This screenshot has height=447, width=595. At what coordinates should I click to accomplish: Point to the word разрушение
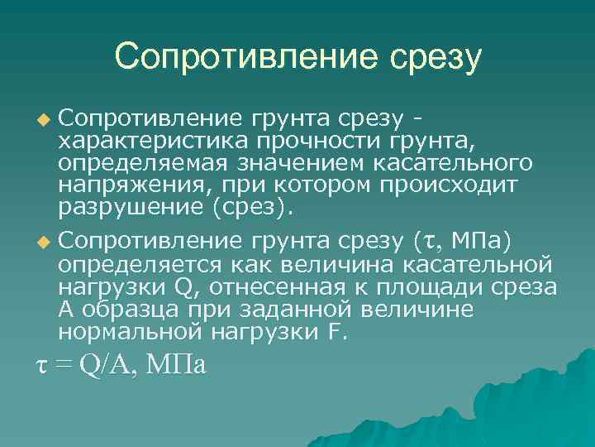(x=130, y=204)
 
